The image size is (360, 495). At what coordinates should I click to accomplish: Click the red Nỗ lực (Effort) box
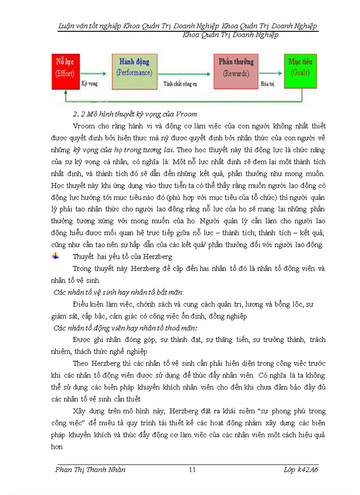65,71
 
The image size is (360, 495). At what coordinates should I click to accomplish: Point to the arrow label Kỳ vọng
90,82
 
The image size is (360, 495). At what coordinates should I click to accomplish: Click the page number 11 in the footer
192,469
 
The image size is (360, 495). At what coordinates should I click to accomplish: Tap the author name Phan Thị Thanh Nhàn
90,469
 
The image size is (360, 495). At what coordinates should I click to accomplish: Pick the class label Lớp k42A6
301,469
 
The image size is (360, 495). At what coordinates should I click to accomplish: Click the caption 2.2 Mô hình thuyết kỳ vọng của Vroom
135,115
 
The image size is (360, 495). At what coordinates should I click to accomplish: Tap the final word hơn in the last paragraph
57,447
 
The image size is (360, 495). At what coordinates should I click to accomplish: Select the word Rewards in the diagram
236,74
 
